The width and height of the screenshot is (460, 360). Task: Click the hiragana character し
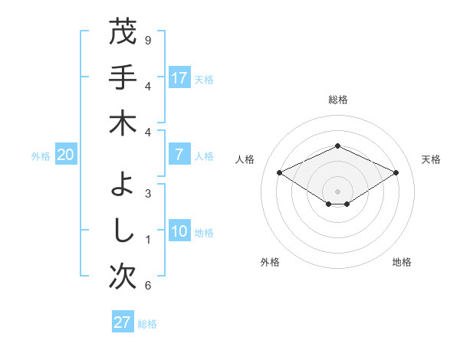[123, 230]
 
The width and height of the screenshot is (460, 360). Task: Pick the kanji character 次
[123, 277]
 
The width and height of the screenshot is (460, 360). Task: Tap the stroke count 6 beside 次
[148, 286]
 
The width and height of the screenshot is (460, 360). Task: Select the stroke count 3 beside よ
[148, 194]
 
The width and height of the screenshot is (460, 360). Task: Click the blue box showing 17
[179, 78]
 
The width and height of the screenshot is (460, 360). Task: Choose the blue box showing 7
[179, 155]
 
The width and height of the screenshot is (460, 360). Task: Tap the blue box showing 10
[179, 232]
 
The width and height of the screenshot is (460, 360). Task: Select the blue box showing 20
[66, 155]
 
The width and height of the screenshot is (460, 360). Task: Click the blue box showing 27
[123, 322]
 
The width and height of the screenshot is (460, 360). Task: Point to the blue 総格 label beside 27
[147, 324]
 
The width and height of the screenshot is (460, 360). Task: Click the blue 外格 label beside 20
[41, 155]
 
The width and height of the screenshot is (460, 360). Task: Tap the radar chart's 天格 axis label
[431, 159]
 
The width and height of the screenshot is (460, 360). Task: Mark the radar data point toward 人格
[280, 173]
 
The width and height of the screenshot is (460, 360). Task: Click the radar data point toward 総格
[337, 146]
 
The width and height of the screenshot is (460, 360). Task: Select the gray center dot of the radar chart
[337, 191]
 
